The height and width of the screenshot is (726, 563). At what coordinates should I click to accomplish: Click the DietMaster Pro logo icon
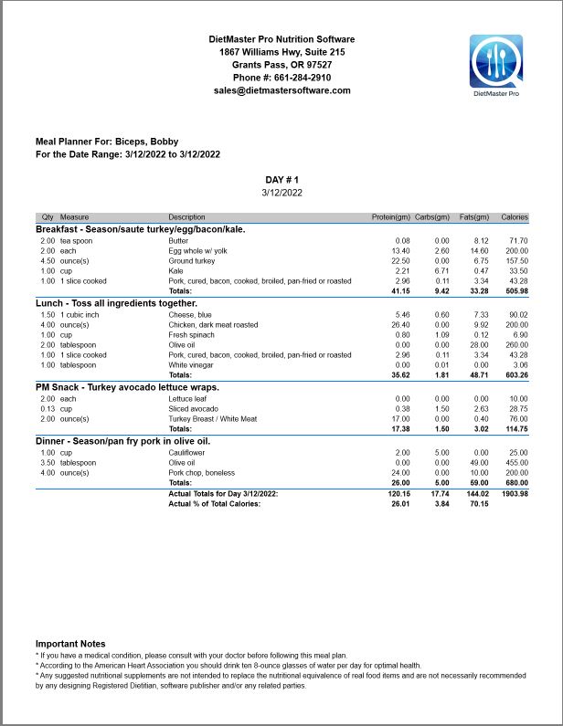pyautogui.click(x=496, y=61)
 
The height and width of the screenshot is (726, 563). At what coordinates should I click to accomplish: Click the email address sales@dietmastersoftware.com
pyautogui.click(x=281, y=90)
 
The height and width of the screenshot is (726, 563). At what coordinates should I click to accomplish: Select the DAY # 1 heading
pyautogui.click(x=281, y=180)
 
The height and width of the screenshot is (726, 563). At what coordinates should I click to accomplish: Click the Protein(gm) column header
pyautogui.click(x=391, y=217)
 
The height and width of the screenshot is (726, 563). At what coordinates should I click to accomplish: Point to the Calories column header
pyautogui.click(x=515, y=217)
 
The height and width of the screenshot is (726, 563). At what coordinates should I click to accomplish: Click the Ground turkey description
pyautogui.click(x=192, y=260)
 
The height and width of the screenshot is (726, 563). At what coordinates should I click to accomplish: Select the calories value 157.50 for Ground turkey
pyautogui.click(x=516, y=260)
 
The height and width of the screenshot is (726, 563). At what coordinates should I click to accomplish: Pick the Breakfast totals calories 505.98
pyautogui.click(x=515, y=291)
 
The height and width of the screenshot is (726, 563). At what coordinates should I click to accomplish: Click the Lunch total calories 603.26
pyautogui.click(x=515, y=375)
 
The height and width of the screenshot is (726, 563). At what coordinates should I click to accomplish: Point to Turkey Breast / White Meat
pyautogui.click(x=210, y=419)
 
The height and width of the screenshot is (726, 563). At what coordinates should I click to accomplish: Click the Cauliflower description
pyautogui.click(x=188, y=453)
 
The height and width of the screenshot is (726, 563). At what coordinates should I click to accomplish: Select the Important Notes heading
pyautogui.click(x=70, y=644)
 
